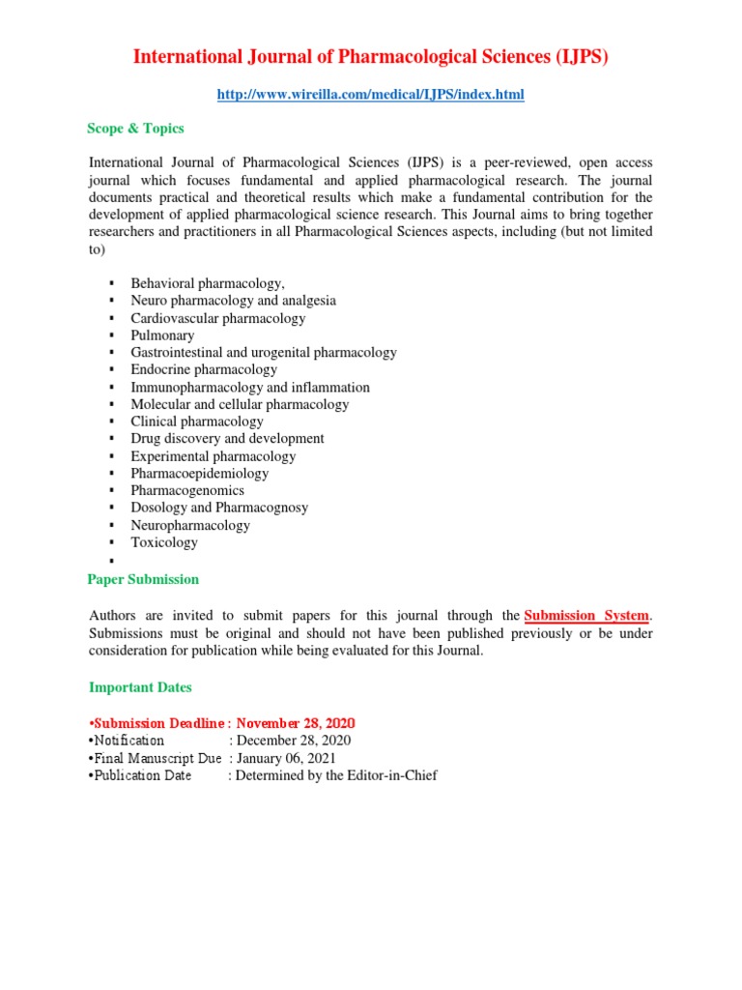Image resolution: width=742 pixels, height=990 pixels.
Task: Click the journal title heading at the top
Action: [x=371, y=57]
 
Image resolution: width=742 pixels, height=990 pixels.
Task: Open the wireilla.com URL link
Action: [x=371, y=94]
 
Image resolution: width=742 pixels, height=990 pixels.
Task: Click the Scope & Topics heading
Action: [x=135, y=129]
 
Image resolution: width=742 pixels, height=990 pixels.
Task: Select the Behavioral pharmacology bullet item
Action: [x=208, y=283]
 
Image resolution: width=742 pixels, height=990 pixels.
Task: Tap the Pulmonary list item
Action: [x=162, y=335]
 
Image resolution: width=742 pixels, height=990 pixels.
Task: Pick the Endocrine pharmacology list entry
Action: [x=204, y=369]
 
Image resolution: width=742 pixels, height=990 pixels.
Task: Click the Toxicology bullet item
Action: [x=164, y=542]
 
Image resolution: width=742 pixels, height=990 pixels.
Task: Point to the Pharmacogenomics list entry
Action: [x=187, y=490]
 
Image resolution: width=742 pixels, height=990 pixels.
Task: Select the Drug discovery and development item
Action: [x=227, y=438]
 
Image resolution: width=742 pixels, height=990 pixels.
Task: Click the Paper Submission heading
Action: [x=143, y=579]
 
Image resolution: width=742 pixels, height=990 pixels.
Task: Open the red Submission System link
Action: [x=587, y=616]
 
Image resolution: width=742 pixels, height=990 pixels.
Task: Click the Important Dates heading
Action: [x=140, y=687]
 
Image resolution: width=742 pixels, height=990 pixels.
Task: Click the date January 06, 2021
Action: [x=289, y=758]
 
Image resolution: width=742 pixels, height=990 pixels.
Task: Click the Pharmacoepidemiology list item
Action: [x=200, y=474]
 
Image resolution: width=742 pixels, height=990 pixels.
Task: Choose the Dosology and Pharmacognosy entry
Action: [x=219, y=508]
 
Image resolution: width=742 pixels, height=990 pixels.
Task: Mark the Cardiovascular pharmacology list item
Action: [x=218, y=318]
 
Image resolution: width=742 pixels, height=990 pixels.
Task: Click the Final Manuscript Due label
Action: [x=157, y=758]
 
